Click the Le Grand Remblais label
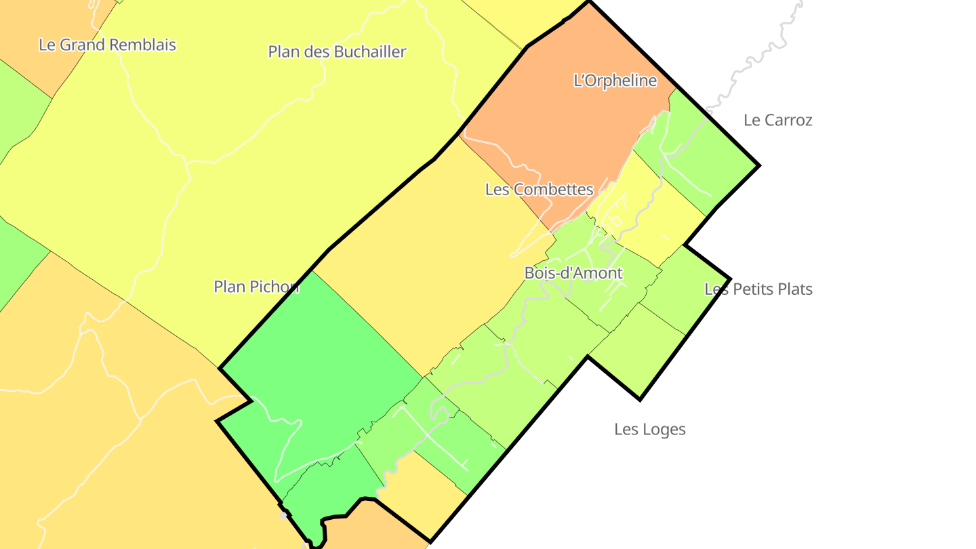107,45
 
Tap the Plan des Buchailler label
337,52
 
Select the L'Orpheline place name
615,81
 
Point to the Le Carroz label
777,120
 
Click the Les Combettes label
539,190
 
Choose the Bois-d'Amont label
573,273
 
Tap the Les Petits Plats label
758,289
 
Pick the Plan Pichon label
256,287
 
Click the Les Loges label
649,429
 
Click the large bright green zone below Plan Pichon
319,366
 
